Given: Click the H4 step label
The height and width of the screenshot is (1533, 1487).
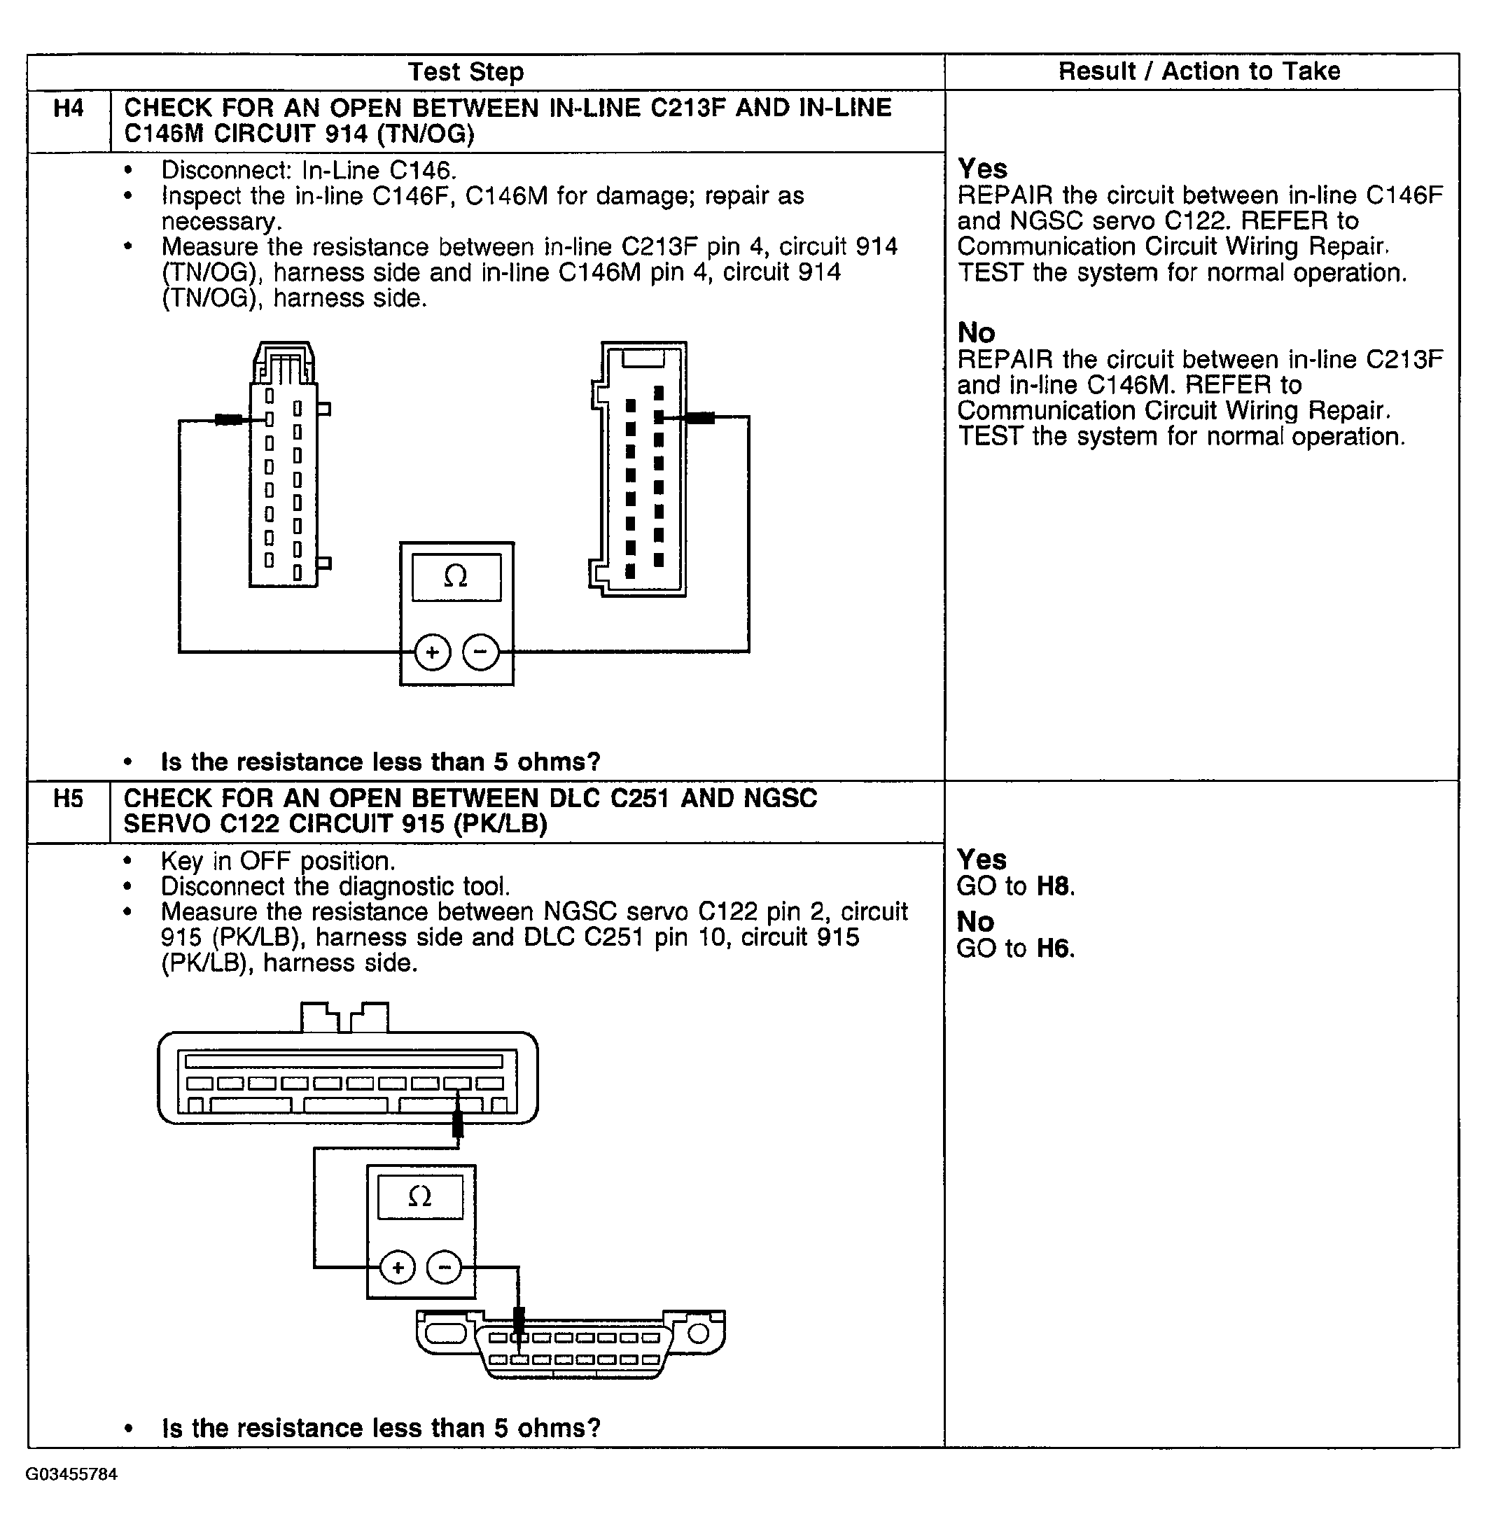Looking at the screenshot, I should coord(68,108).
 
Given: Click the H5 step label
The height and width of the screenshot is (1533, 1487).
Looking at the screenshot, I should coord(68,799).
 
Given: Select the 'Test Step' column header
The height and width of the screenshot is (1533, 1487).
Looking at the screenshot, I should coord(466,72).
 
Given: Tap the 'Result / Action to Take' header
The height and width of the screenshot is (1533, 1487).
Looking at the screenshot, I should coord(1199,71).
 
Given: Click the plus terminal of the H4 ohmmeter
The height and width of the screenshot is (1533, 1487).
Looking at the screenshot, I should coord(433,652).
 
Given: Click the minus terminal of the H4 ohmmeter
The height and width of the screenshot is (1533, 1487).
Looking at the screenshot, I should coord(480,652).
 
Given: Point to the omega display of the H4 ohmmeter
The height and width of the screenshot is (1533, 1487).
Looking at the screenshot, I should coord(456,577).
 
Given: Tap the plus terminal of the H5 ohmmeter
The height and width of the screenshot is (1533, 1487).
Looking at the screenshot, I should coord(398,1267).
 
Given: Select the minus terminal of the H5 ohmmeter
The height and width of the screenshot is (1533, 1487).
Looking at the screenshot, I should coord(445,1267).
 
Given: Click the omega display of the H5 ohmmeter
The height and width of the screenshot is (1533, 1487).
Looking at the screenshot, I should coord(420,1197).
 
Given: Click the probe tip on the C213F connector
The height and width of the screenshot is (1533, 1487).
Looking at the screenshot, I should coord(228,420).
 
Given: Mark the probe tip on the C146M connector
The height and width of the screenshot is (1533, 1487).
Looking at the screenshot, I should coord(698,418).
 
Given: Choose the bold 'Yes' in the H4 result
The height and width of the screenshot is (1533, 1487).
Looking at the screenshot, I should coord(982,169).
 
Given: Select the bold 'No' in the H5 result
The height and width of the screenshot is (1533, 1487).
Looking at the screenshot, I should coord(975,922).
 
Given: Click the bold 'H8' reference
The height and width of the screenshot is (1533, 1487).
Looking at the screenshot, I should coord(1054,886).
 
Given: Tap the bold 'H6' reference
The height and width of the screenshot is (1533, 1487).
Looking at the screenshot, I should coord(1054,948).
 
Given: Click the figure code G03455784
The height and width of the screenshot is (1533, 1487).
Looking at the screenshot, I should coord(71,1474).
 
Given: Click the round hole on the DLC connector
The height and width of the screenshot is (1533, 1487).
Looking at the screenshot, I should coord(698,1333).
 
